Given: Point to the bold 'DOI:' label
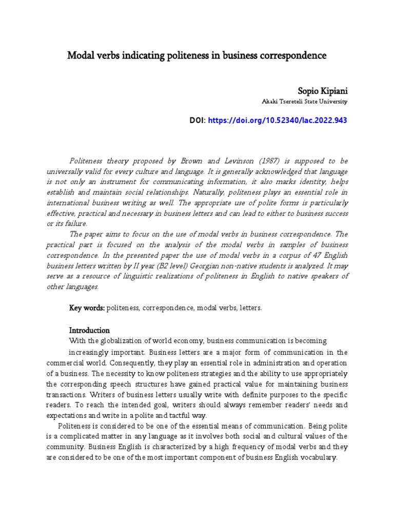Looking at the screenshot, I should tap(198, 120).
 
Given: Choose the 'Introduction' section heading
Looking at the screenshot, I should tap(89, 330).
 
